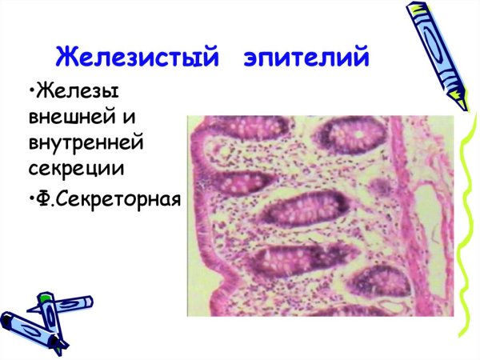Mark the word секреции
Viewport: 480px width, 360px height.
[73, 170]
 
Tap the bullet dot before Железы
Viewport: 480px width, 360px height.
[30, 89]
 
